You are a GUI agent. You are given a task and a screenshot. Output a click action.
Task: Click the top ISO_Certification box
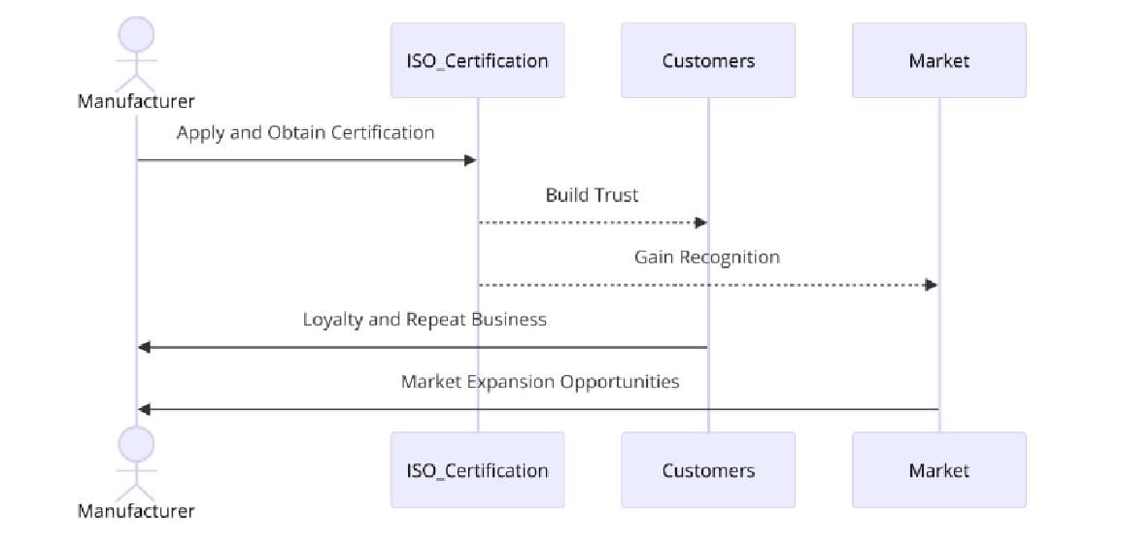pyautogui.click(x=477, y=60)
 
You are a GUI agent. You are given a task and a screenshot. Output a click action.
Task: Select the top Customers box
pyautogui.click(x=708, y=60)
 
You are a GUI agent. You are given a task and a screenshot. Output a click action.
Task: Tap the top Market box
pyautogui.click(x=938, y=60)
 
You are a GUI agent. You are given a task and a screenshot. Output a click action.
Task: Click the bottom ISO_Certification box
pyautogui.click(x=477, y=469)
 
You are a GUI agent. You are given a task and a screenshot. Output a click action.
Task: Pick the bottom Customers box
pyautogui.click(x=708, y=469)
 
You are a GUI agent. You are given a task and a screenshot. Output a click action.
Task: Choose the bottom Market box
pyautogui.click(x=938, y=469)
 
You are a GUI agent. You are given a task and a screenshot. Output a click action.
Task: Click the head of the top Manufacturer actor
pyautogui.click(x=136, y=34)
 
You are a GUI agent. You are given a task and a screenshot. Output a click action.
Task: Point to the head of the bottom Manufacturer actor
pyautogui.click(x=136, y=444)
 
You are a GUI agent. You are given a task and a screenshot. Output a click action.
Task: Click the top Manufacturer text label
pyautogui.click(x=136, y=102)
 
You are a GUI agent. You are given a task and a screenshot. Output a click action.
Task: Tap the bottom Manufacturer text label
pyautogui.click(x=136, y=511)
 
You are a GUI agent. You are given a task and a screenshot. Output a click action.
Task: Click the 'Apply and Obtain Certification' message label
pyautogui.click(x=306, y=133)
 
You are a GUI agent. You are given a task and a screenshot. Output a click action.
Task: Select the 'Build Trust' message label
pyautogui.click(x=592, y=194)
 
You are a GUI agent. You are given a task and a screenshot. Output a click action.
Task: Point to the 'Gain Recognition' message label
pyautogui.click(x=707, y=257)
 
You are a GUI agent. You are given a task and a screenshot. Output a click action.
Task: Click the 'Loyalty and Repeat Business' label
pyautogui.click(x=425, y=320)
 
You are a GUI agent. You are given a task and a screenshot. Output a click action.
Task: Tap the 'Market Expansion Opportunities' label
pyautogui.click(x=540, y=382)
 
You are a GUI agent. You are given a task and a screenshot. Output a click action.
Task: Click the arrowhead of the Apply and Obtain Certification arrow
pyautogui.click(x=471, y=160)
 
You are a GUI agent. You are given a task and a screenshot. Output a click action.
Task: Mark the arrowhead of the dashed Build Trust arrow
pyautogui.click(x=701, y=223)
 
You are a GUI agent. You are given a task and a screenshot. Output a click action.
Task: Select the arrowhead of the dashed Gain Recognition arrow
pyautogui.click(x=932, y=285)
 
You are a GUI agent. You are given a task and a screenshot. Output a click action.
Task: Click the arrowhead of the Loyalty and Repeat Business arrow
pyautogui.click(x=144, y=347)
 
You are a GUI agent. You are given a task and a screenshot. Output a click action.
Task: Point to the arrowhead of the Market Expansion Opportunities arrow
pyautogui.click(x=144, y=409)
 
